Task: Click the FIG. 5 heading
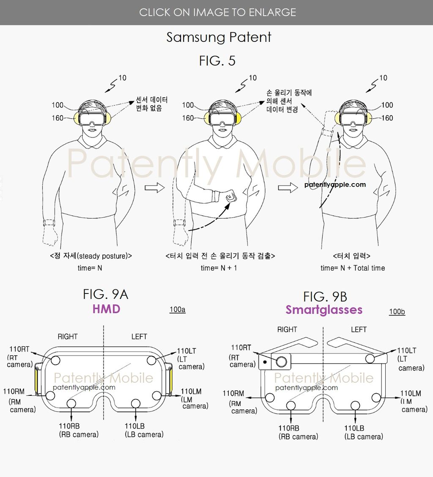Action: (x=217, y=61)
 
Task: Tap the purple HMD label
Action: (x=106, y=309)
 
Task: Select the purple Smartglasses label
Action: (x=324, y=310)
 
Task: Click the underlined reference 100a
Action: (x=177, y=310)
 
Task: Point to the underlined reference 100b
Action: (x=397, y=312)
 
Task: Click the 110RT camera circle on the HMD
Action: (x=55, y=360)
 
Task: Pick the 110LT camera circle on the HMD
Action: (x=152, y=360)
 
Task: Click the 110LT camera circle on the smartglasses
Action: (x=370, y=359)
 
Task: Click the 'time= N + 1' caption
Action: (x=219, y=268)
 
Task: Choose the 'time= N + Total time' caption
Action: (x=353, y=268)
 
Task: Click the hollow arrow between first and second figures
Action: (x=154, y=188)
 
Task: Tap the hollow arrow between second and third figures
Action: (x=286, y=188)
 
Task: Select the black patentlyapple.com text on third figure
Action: (x=335, y=184)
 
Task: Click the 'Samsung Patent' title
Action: (x=219, y=37)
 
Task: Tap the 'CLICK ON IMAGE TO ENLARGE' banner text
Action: (x=217, y=12)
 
